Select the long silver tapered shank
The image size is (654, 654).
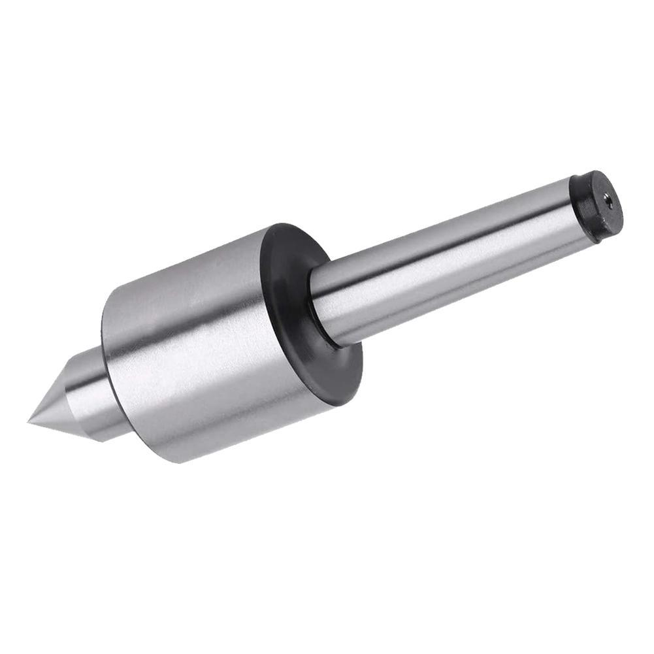point(444,261)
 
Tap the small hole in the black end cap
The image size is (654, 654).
point(608,203)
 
